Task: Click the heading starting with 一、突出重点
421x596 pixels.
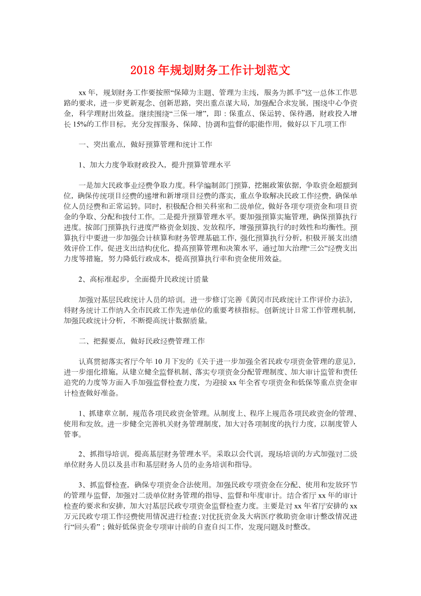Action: pos(145,144)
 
